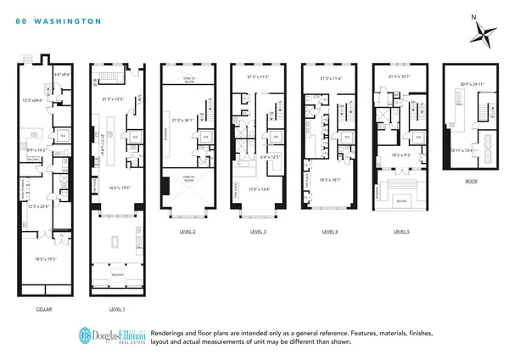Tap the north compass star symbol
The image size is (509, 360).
click(485, 36)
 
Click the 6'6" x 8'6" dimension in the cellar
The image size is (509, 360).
click(63, 76)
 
